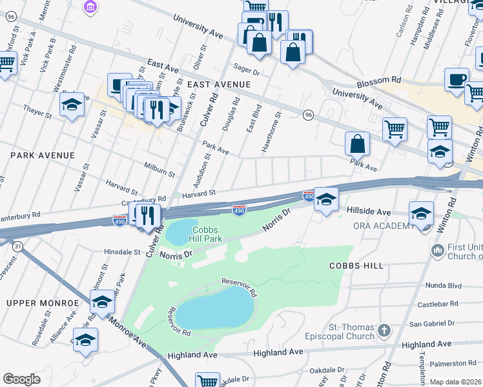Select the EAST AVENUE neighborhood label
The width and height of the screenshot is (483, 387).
coord(219,84)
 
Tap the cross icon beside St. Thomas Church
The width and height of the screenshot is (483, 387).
coord(384,331)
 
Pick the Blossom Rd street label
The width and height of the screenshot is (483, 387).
coord(379,80)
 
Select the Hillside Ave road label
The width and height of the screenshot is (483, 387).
coord(369,212)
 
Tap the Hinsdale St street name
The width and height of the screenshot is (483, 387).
coord(122,252)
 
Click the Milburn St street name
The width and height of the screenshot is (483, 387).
coord(159,169)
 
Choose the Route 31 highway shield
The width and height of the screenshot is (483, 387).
coord(18,246)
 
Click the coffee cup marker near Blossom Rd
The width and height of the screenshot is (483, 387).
coord(457,81)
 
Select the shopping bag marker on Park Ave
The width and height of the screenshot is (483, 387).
coord(357,144)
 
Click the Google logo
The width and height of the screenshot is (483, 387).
coord(21,379)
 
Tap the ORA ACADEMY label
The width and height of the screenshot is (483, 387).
coord(384,226)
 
